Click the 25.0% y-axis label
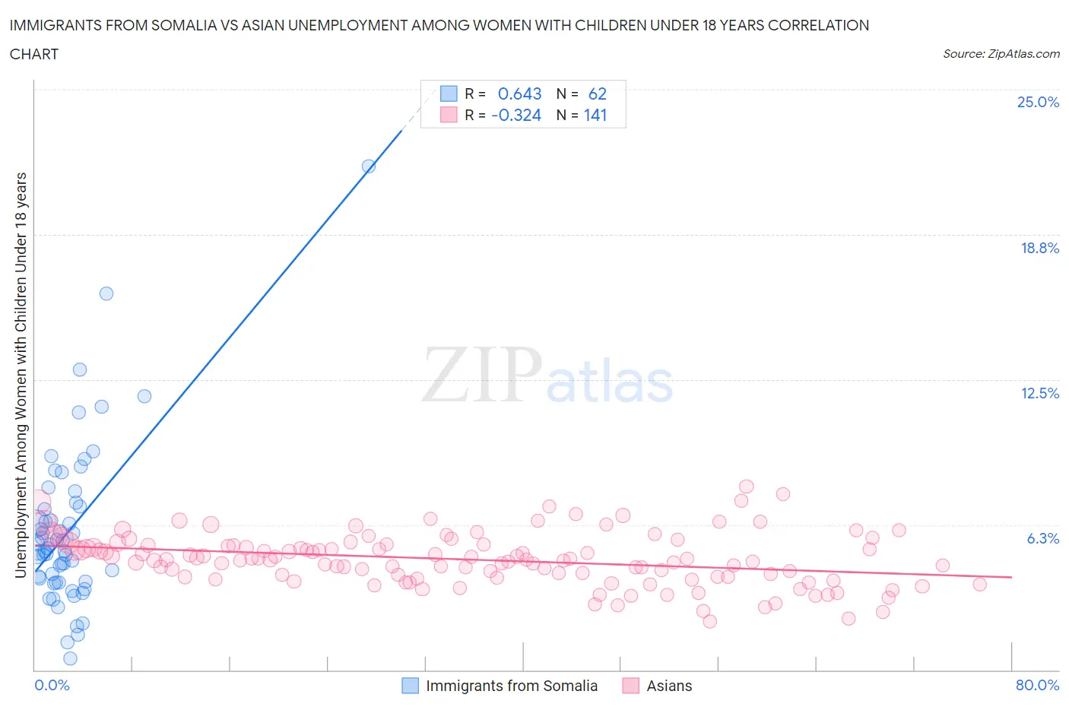pos(1038,102)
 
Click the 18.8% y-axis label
pos(1039,248)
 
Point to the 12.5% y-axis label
pos(1039,393)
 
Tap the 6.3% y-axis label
pos(1042,538)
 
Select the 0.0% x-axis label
pos(52,685)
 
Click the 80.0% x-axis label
pos(1037,685)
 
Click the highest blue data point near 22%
pos(369,166)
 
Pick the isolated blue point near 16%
pos(106,293)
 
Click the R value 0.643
pos(519,94)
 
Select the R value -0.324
pos(516,115)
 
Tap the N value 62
pos(598,94)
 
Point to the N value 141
pos(595,115)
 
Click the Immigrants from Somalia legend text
pos(512,686)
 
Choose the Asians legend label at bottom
pos(669,686)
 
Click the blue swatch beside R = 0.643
pos(449,94)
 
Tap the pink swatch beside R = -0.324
pos(449,115)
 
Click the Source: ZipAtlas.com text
pos(1001,53)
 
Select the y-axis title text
pos(21,375)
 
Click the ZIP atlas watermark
pos(547,375)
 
